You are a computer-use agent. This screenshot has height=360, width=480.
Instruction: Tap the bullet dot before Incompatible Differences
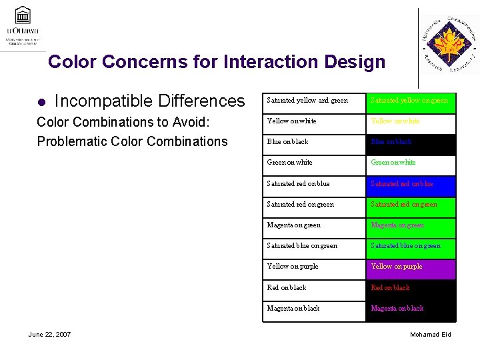(x=40, y=102)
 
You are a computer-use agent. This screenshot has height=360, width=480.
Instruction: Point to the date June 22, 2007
(x=50, y=334)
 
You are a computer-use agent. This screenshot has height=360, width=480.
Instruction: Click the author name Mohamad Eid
(x=430, y=334)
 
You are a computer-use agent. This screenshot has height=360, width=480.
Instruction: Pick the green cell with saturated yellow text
(x=411, y=101)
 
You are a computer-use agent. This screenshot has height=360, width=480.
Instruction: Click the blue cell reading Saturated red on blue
(x=411, y=184)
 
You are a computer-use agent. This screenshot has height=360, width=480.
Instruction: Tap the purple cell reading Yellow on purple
(x=411, y=267)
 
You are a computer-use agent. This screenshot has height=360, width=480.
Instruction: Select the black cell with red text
(x=411, y=288)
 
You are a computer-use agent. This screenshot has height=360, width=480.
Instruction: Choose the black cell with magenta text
(x=411, y=309)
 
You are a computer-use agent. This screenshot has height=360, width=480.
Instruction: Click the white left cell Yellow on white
(x=314, y=121)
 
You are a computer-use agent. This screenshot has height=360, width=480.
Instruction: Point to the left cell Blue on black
(x=314, y=142)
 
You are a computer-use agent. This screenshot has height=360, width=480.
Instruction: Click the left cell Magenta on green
(x=314, y=225)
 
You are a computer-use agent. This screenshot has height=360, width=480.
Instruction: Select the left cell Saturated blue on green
(x=314, y=246)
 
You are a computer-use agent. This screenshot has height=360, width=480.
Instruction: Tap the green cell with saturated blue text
(x=411, y=246)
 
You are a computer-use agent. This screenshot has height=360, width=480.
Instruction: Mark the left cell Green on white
(x=314, y=163)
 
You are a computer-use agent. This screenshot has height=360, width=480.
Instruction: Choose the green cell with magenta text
(x=411, y=225)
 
